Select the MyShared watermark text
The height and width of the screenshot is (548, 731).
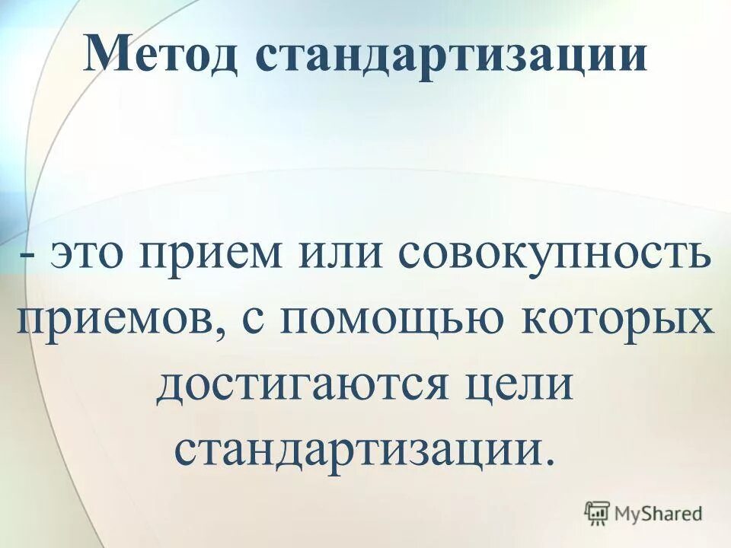659,515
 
